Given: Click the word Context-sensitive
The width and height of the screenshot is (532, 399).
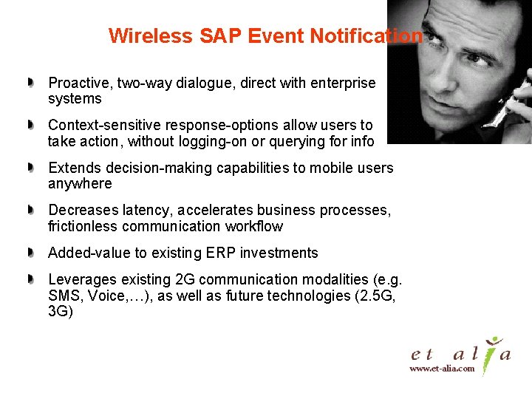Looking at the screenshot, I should click(x=104, y=126).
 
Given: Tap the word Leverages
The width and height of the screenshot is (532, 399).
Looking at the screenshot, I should click(x=81, y=279).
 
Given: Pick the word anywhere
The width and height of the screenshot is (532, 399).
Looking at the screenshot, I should click(x=80, y=183).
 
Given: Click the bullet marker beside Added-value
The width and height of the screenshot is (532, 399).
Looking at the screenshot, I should click(x=30, y=253).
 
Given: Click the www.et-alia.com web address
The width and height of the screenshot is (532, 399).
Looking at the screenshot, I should click(x=442, y=368).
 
